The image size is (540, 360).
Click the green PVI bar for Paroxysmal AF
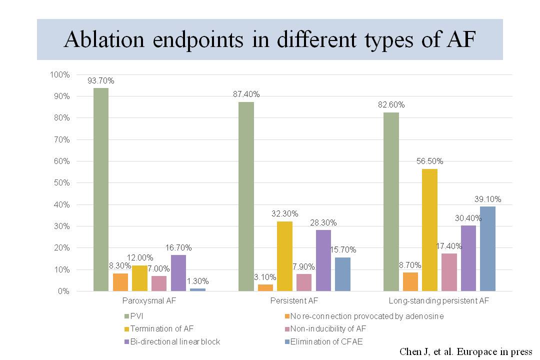point(100,189)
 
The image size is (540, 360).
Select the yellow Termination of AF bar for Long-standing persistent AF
point(430,230)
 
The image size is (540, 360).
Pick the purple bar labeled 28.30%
point(323,260)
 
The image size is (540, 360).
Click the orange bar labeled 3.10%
point(265,287)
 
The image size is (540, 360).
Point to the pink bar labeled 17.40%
point(449,272)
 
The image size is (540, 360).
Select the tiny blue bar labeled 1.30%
point(197,289)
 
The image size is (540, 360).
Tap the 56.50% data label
point(430,161)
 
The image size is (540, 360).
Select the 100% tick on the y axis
point(60,75)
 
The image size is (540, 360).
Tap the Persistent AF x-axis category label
point(294,301)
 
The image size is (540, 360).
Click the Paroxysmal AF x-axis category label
point(149,301)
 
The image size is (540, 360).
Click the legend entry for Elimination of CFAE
point(322,341)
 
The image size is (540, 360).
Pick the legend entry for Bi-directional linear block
point(175,341)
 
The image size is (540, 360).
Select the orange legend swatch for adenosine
point(286,316)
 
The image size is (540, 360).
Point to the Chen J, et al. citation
point(465,351)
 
